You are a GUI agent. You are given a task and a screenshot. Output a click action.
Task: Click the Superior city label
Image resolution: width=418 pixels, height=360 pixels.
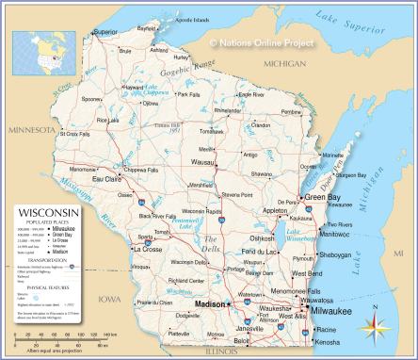pyautogui.click(x=104, y=31)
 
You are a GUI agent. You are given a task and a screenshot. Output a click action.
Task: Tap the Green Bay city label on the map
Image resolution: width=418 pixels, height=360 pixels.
pyautogui.click(x=323, y=197)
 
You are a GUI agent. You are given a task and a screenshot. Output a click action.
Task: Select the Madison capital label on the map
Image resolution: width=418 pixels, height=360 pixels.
pyautogui.click(x=209, y=304)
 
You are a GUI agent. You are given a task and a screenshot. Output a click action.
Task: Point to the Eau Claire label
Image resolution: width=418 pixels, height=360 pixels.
pyautogui.click(x=106, y=178)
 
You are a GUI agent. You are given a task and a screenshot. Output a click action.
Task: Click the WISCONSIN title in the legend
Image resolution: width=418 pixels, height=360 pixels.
pyautogui.click(x=45, y=213)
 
